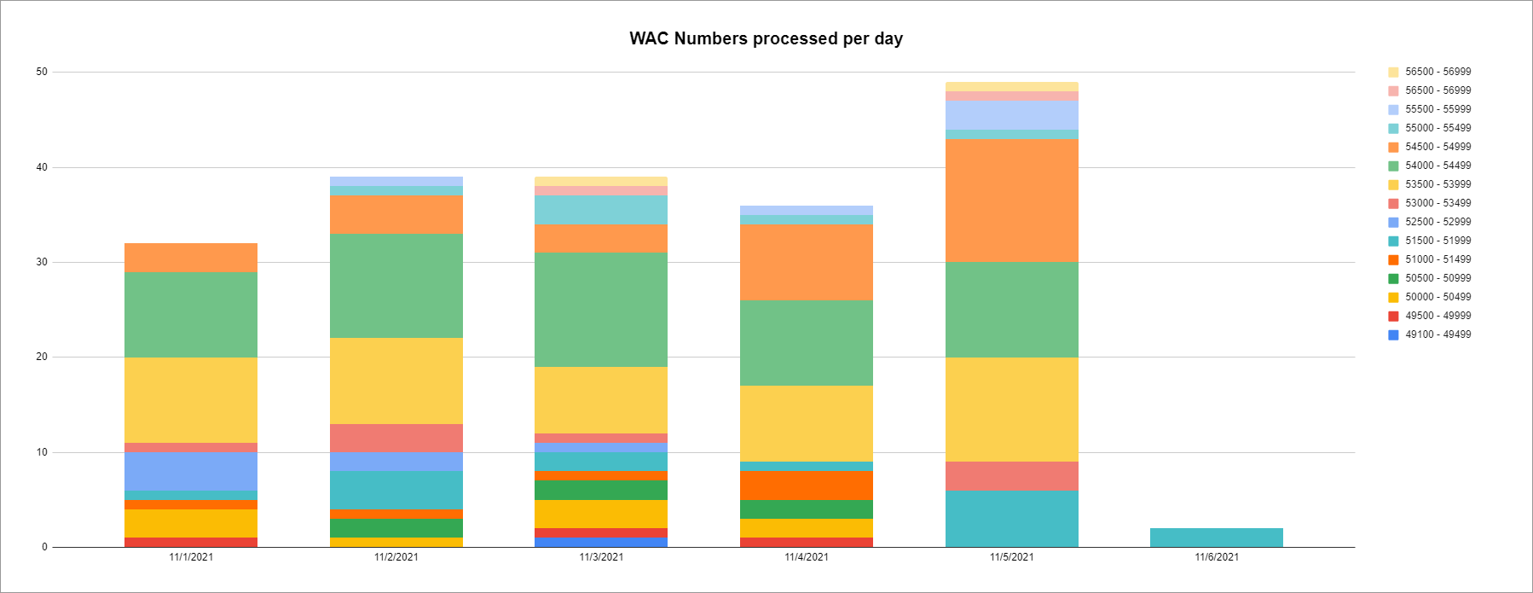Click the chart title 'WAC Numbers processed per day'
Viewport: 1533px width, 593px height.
point(766,38)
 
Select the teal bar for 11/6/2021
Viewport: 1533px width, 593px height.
point(1216,538)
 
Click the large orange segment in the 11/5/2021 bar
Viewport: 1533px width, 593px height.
point(1011,201)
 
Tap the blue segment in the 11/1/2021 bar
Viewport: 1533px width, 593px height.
point(190,471)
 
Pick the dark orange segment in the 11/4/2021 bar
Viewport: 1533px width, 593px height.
point(806,485)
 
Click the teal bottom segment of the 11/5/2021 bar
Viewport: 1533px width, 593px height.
point(1011,519)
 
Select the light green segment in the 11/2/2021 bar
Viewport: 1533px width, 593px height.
point(396,286)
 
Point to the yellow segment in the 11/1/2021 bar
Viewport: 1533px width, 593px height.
point(190,400)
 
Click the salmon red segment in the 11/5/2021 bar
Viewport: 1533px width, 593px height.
point(1011,476)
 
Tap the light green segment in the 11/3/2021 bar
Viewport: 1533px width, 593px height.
point(601,310)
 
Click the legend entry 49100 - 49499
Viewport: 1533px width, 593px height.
point(1438,334)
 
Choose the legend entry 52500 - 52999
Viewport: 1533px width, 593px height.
point(1438,222)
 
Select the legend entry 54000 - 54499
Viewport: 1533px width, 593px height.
point(1438,166)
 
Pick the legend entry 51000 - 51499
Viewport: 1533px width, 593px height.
point(1438,259)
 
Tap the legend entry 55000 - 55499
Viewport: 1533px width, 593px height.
point(1438,128)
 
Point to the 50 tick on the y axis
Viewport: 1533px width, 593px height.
point(42,73)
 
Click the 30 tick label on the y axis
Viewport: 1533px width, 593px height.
point(42,263)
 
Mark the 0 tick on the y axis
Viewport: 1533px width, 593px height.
point(44,548)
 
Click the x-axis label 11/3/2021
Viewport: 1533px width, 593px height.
point(601,557)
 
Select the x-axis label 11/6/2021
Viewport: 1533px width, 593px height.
point(1216,557)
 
